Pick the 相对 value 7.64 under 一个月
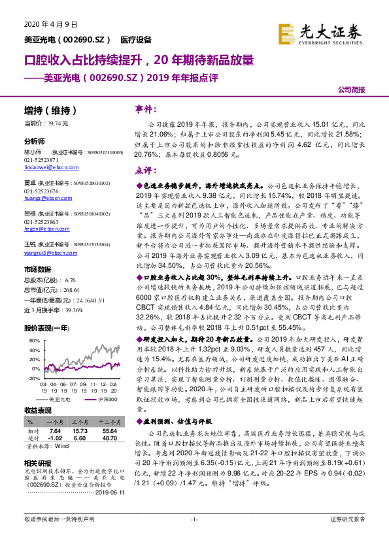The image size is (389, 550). click(55, 431)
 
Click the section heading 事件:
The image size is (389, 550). click(144, 110)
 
